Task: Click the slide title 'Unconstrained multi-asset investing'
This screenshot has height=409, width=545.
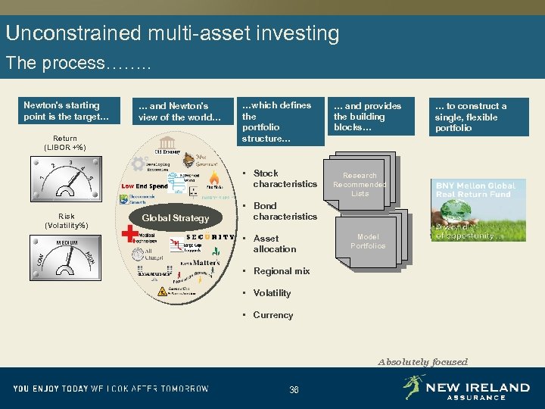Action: pyautogui.click(x=173, y=33)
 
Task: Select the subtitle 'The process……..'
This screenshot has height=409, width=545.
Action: pyautogui.click(x=79, y=63)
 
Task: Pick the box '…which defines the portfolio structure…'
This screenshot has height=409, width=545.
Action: pyautogui.click(x=280, y=122)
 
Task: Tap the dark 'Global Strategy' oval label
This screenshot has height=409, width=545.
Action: pyautogui.click(x=176, y=218)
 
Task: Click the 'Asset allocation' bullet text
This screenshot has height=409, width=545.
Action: pyautogui.click(x=274, y=244)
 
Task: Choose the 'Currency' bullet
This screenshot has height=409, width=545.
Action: pyautogui.click(x=272, y=315)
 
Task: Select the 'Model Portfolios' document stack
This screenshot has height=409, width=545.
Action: pyautogui.click(x=369, y=242)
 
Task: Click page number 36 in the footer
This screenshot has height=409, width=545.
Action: pyautogui.click(x=294, y=389)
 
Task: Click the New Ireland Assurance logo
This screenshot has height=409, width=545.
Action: pyautogui.click(x=466, y=389)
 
